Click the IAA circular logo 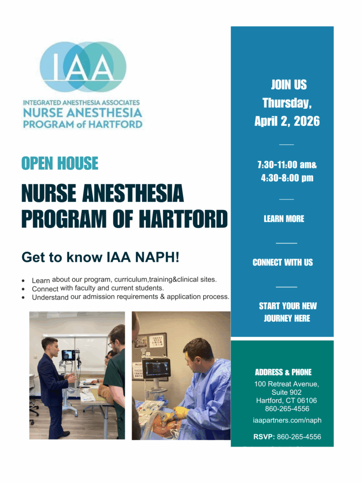[83, 67]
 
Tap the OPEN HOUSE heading [60, 163]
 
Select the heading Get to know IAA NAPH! [100, 258]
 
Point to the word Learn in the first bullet [41, 281]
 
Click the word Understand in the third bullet [50, 298]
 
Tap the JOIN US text [288, 85]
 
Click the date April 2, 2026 [287, 121]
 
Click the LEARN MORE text [284, 219]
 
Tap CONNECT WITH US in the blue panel [282, 263]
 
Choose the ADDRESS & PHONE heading [283, 372]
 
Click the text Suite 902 [287, 392]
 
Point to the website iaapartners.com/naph [287, 420]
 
